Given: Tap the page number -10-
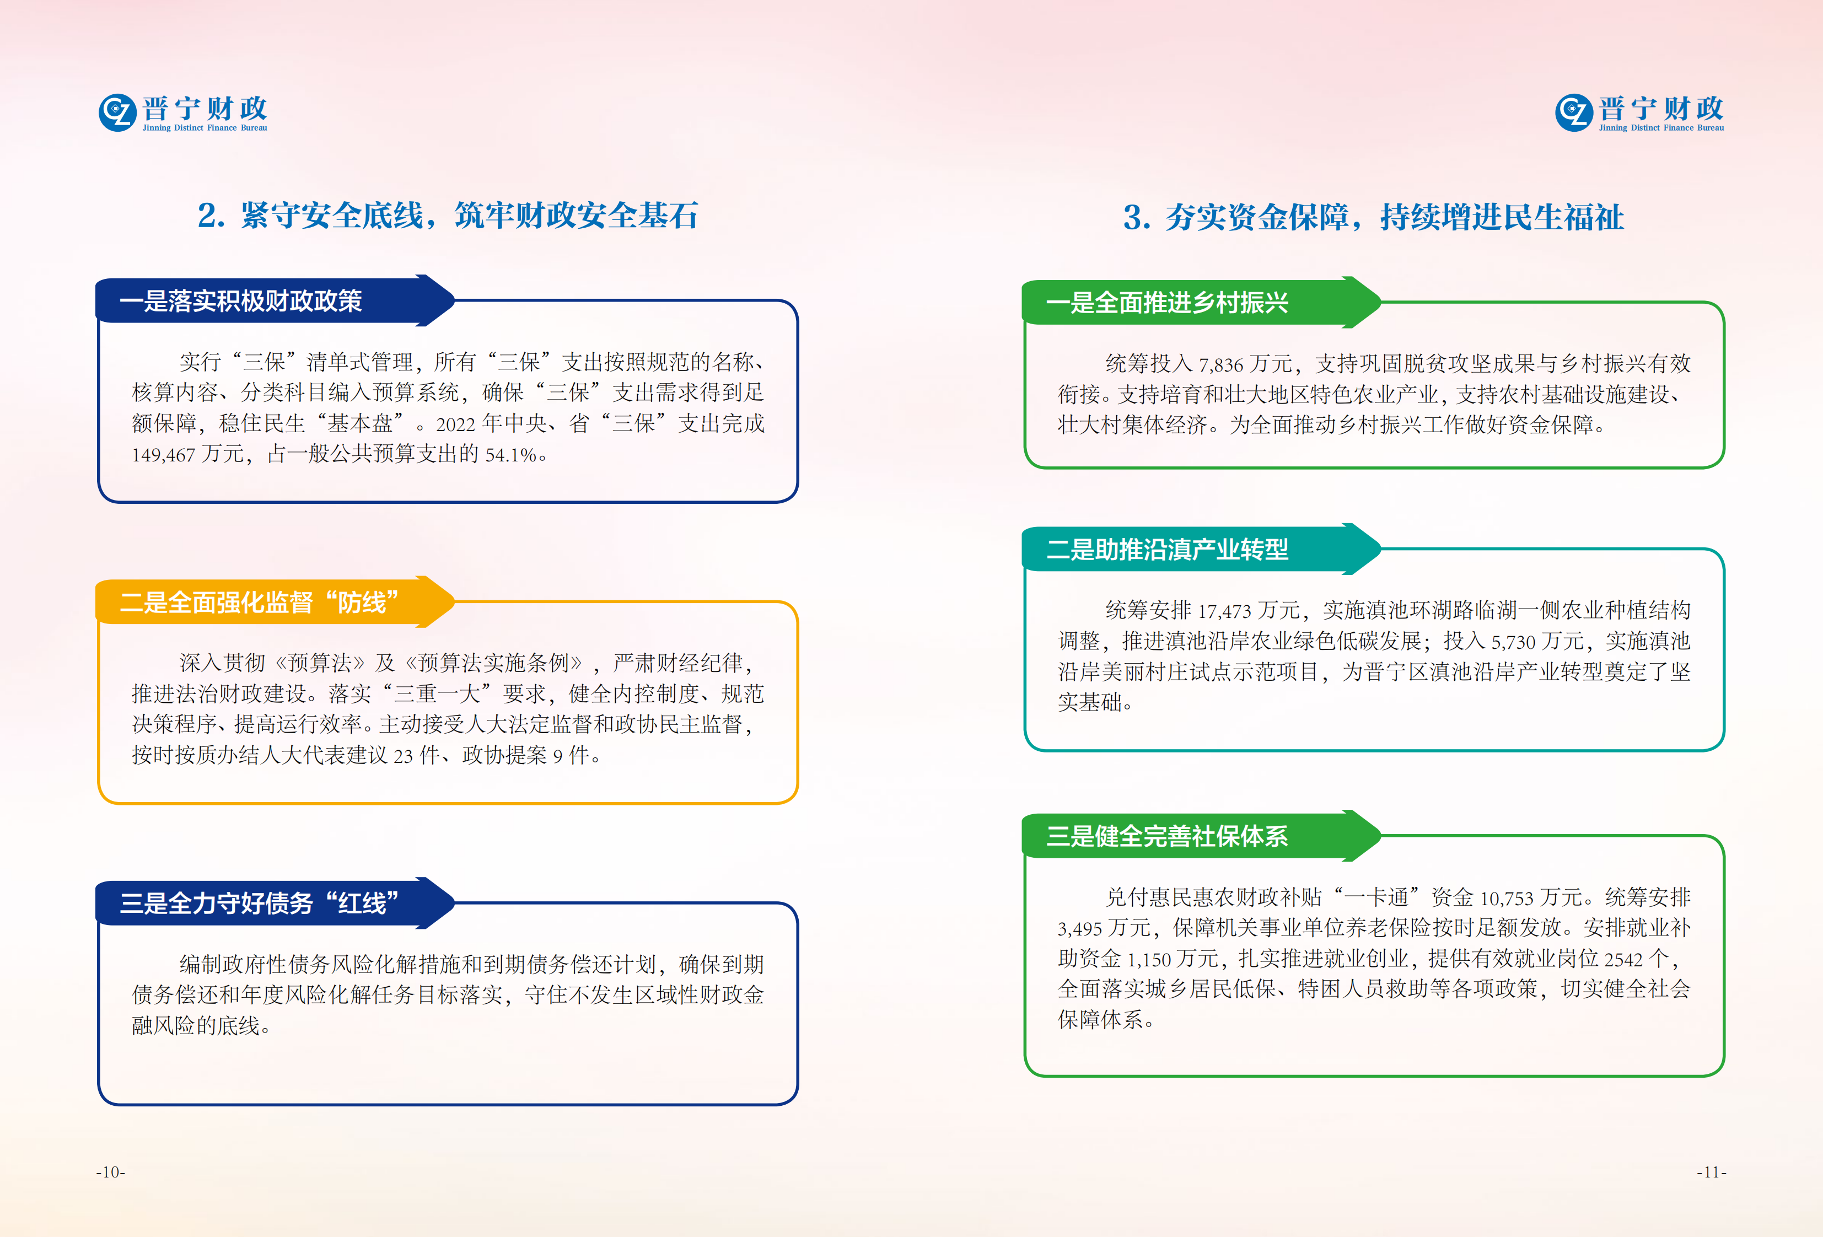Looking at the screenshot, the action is (111, 1172).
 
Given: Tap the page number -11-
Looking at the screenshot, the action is (1711, 1172).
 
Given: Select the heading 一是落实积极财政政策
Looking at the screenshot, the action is (241, 301).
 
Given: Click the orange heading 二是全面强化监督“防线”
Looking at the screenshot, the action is (260, 603).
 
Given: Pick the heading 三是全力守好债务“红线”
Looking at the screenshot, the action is (260, 903).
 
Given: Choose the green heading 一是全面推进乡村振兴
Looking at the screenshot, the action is (1167, 303).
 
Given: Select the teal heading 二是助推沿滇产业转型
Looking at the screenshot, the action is (1167, 550).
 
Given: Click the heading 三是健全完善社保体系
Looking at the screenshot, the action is (1167, 837).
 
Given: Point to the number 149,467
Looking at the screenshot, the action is (163, 455).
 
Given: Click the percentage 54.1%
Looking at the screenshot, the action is (510, 455).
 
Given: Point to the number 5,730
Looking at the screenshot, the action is (1513, 642).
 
